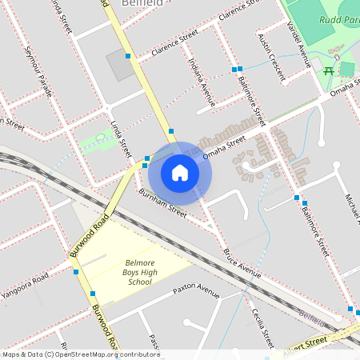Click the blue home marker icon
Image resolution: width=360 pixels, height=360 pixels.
[x=180, y=172]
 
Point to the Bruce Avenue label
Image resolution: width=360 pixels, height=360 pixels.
[x=242, y=263]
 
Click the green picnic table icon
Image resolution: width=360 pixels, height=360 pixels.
[x=329, y=71]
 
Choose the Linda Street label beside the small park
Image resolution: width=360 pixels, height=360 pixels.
[x=120, y=138]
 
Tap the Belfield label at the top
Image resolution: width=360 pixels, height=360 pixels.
[x=142, y=3]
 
